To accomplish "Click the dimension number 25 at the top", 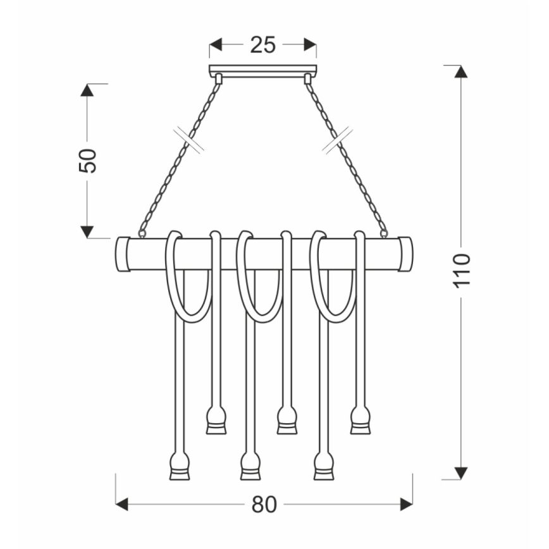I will (x=262, y=46).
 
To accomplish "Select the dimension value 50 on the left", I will (x=87, y=161).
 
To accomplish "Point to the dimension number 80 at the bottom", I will (x=264, y=504).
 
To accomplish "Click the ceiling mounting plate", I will (x=262, y=70).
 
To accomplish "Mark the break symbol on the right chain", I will (x=336, y=140).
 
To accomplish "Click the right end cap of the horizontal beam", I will (x=405, y=254).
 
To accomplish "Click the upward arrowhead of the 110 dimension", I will (x=461, y=71).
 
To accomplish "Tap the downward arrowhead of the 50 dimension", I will (x=87, y=231).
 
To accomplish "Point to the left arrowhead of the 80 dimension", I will (x=122, y=504).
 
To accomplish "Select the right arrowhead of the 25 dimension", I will (x=309, y=45).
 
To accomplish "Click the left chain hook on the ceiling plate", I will (x=218, y=79).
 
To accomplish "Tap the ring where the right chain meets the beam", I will (x=383, y=233).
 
